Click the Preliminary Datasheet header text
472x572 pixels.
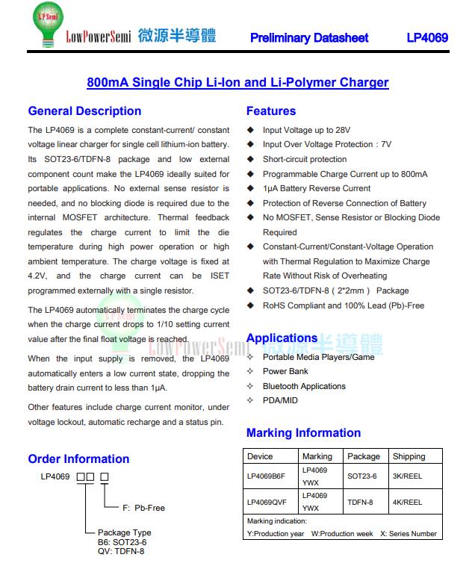[309, 38]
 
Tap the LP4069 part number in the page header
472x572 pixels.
[427, 38]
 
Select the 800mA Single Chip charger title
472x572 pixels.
[237, 82]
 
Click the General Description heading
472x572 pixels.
[84, 111]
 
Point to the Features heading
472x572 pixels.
[271, 111]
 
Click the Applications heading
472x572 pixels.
[282, 338]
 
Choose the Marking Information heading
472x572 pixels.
[303, 433]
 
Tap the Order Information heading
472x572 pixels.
[78, 459]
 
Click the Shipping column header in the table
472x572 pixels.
[409, 456]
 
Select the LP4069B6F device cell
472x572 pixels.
[267, 476]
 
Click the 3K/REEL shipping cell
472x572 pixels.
[407, 476]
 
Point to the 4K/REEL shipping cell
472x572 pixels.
[407, 503]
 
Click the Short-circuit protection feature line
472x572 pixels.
[305, 159]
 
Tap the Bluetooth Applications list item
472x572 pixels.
[304, 386]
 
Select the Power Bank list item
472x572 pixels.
[285, 371]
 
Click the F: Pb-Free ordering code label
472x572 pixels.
[143, 508]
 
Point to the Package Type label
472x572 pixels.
[124, 533]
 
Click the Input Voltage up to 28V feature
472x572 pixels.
[306, 130]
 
